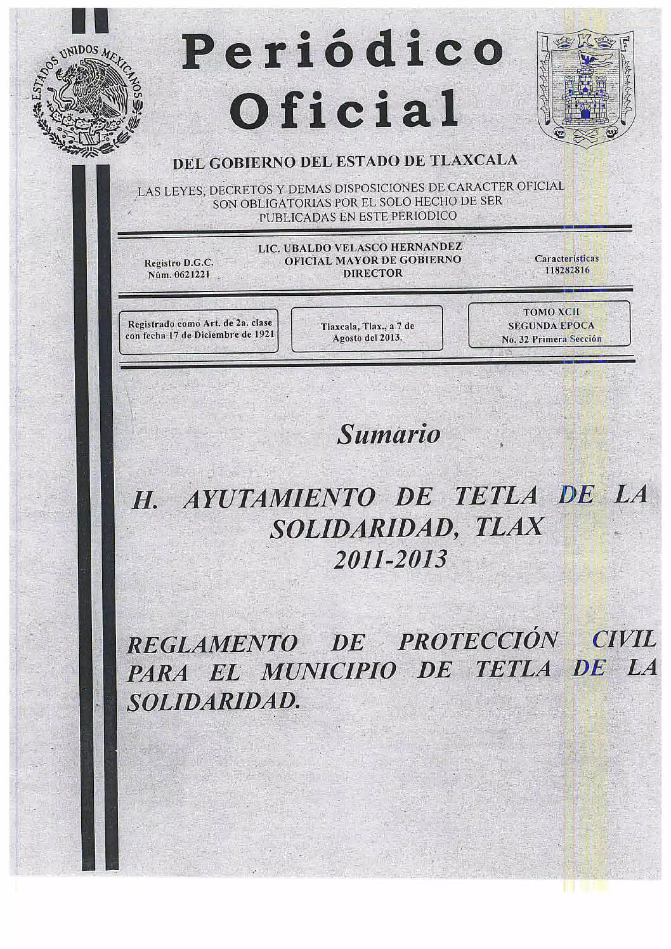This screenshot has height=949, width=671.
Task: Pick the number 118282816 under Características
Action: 567,271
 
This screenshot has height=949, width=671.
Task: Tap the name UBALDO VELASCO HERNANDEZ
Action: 372,247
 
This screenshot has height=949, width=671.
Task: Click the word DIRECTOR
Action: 373,273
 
